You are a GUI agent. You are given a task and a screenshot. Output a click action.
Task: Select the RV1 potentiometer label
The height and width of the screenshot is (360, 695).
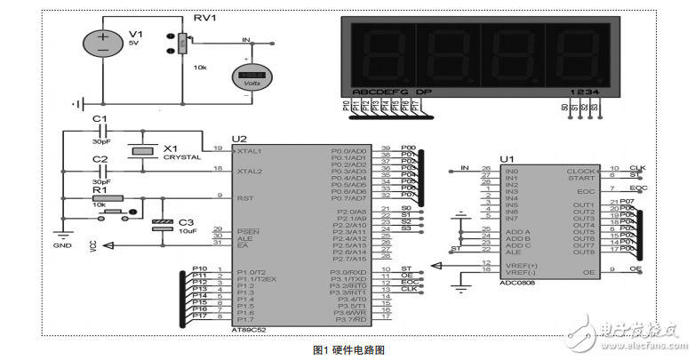(x=206, y=18)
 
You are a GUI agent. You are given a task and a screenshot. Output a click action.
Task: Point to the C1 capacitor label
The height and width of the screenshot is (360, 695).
(x=100, y=119)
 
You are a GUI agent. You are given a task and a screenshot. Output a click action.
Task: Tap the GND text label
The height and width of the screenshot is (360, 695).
(x=62, y=245)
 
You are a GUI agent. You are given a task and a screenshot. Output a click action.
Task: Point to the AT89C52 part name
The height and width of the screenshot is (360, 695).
(x=248, y=328)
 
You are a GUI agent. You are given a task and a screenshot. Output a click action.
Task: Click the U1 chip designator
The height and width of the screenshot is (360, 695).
(x=507, y=159)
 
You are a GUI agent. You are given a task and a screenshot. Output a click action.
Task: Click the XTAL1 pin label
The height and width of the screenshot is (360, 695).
(x=248, y=150)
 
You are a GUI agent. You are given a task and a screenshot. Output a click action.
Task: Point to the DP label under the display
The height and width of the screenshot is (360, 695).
(x=424, y=92)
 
